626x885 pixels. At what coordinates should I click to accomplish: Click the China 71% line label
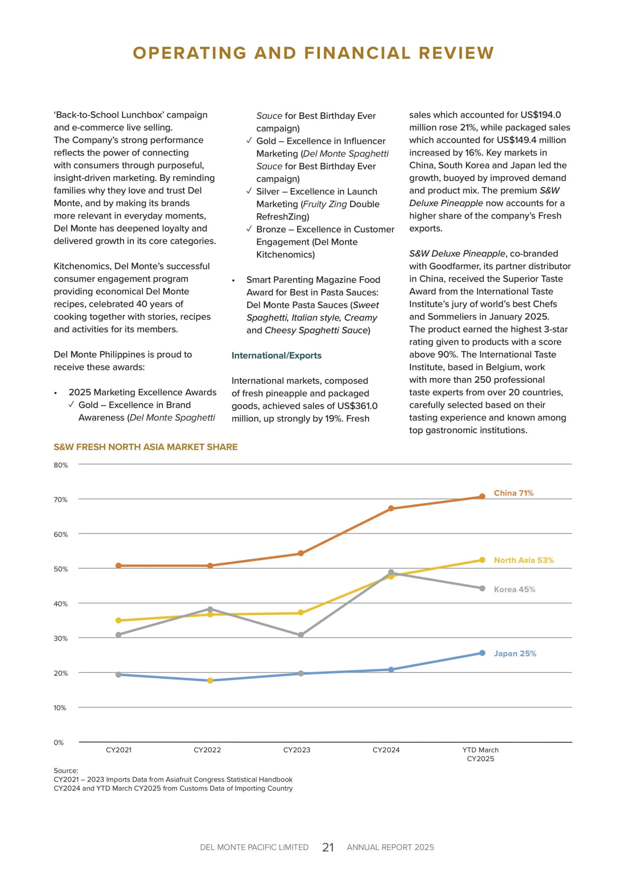pos(513,493)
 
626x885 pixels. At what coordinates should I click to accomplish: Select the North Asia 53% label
pos(523,560)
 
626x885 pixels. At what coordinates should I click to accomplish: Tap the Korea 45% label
pos(514,589)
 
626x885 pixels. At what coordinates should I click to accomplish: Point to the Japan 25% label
pos(515,653)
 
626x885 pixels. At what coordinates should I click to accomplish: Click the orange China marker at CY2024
pos(391,509)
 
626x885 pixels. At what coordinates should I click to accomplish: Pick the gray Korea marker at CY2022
pos(210,609)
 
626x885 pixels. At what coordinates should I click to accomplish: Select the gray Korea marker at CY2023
pos(301,635)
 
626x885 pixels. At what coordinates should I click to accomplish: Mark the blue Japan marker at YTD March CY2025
pos(482,653)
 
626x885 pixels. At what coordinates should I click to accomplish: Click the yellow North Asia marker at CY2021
pos(119,621)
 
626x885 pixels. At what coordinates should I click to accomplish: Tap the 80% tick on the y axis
pos(60,465)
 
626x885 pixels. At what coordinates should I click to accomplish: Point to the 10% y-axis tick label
pos(60,708)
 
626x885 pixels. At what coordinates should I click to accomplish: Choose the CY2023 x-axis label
pos(297,750)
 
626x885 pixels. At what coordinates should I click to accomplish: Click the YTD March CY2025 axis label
pos(480,754)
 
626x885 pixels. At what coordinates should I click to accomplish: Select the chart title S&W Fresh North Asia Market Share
pos(145,447)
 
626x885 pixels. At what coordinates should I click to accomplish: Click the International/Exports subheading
pos(277,355)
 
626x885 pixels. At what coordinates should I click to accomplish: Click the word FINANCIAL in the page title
pos(357,53)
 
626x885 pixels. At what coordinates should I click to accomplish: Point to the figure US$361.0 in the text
pos(357,406)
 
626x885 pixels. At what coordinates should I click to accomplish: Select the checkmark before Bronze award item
pos(249,229)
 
